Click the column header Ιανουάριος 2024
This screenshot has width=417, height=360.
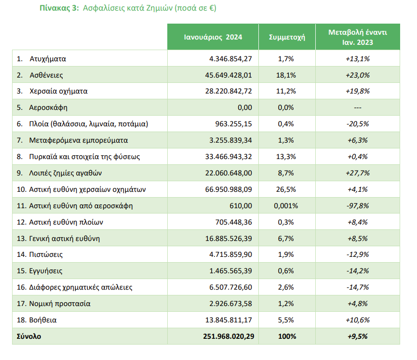click(x=213, y=37)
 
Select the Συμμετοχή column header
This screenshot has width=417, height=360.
click(x=287, y=37)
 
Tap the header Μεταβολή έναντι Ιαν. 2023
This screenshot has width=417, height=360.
click(x=358, y=37)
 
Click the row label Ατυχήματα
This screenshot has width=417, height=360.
click(x=48, y=59)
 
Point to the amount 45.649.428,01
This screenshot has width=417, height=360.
click(x=229, y=75)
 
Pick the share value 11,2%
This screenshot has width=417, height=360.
click(x=286, y=91)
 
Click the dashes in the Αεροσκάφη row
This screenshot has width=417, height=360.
click(x=358, y=107)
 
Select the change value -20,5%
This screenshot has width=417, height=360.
click(x=358, y=124)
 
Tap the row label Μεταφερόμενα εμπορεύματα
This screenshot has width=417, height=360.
click(x=79, y=140)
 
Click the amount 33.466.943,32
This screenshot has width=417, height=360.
click(x=229, y=157)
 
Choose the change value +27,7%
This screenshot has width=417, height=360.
click(x=358, y=173)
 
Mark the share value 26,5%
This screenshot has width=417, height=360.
click(x=286, y=189)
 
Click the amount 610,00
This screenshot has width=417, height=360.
click(x=241, y=206)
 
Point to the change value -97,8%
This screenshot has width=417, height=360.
click(x=358, y=206)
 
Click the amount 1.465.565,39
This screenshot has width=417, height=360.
click(x=230, y=271)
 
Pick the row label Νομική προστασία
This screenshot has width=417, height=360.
click(x=60, y=304)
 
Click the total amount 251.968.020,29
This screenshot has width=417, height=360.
click(x=229, y=336)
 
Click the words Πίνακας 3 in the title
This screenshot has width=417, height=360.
click(x=58, y=8)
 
